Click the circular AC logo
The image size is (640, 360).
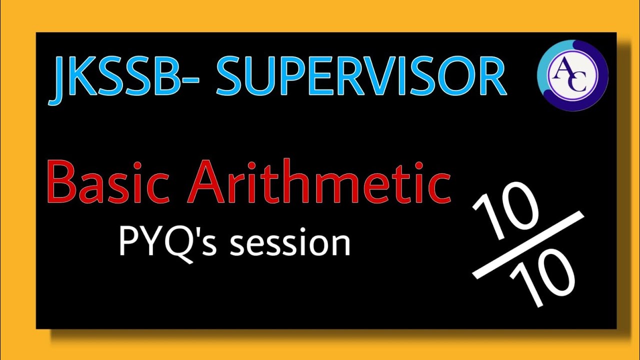[572, 74]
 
